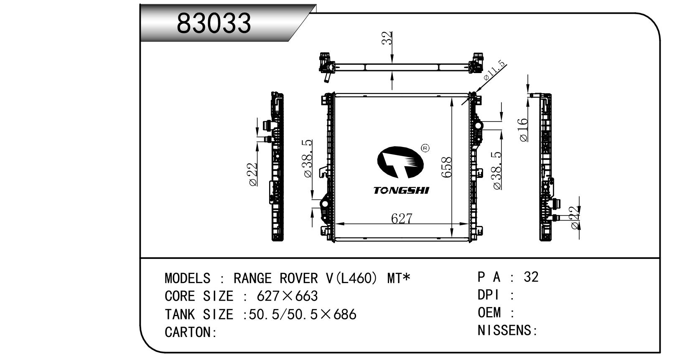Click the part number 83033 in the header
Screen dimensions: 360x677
(x=214, y=23)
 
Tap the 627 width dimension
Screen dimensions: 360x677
(x=402, y=218)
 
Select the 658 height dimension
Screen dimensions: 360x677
(x=447, y=167)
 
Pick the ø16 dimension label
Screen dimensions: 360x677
(x=523, y=130)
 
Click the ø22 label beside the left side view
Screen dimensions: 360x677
(x=252, y=174)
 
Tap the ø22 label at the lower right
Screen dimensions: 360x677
(x=575, y=218)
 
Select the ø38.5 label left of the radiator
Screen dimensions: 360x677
(x=308, y=159)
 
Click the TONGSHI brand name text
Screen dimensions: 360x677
(x=401, y=190)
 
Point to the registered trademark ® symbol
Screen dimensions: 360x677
(x=425, y=148)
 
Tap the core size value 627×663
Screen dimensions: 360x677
(x=287, y=296)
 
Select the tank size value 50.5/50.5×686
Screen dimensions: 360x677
(x=302, y=314)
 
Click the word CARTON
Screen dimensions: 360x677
(x=188, y=332)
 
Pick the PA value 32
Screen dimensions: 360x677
(x=531, y=277)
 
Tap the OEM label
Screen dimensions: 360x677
(x=489, y=312)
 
